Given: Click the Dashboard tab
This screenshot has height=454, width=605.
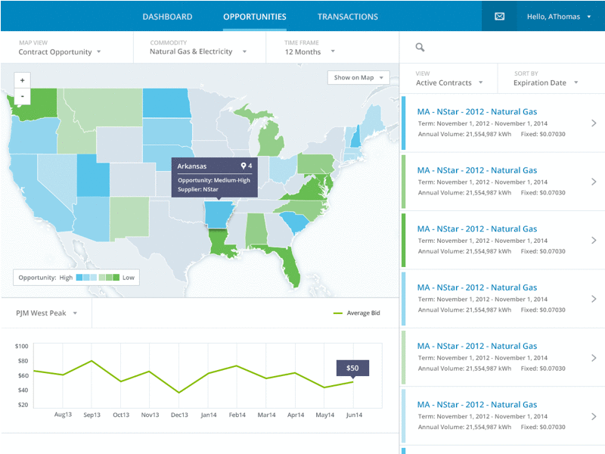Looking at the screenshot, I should click(167, 17).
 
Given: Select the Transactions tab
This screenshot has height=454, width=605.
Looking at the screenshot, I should click(347, 17).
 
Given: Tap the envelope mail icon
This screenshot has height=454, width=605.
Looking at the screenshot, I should click(499, 16).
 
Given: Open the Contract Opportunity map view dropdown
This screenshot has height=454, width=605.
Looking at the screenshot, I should click(60, 52).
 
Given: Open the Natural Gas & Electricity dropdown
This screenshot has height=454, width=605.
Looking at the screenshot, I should click(198, 52).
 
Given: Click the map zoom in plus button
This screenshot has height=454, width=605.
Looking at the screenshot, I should click(22, 80).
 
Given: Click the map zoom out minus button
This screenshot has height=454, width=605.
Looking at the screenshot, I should click(22, 96).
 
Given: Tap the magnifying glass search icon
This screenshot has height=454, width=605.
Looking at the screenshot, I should click(420, 48).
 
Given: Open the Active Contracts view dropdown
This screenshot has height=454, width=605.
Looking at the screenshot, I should click(449, 82).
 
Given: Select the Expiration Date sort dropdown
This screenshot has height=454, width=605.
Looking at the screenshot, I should click(546, 82).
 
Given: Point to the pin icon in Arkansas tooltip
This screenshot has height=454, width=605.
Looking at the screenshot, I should click(244, 166).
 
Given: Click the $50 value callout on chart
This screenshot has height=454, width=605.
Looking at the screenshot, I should click(352, 368).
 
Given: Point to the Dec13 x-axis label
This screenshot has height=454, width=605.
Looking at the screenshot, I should click(179, 415).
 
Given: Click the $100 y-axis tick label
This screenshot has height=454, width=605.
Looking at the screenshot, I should click(21, 347).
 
